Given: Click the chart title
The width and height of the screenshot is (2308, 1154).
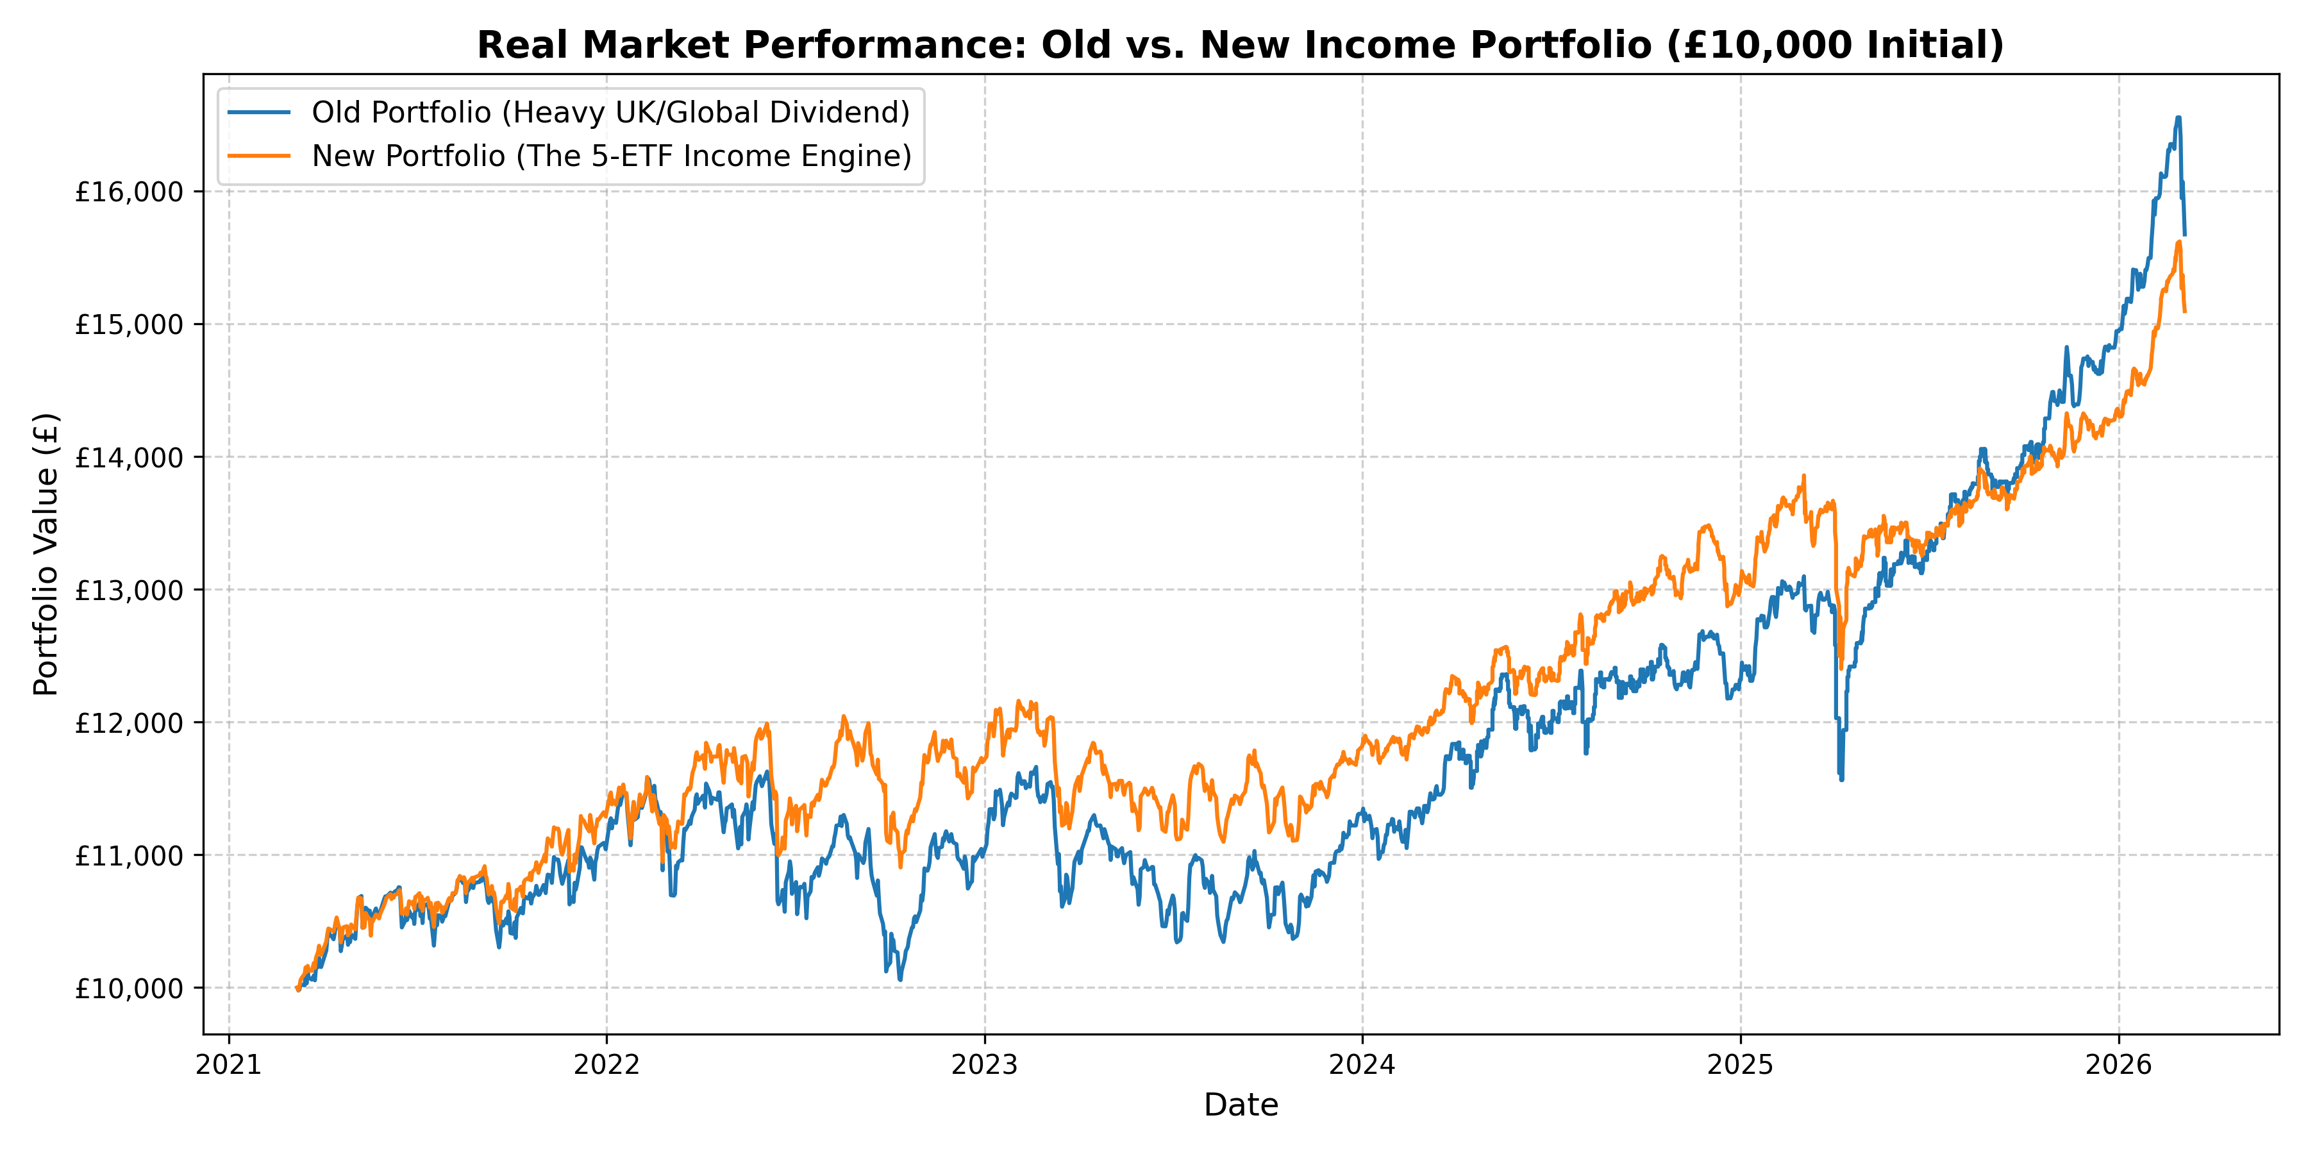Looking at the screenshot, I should tap(1240, 45).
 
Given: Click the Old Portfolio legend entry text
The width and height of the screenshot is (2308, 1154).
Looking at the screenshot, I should tap(610, 113).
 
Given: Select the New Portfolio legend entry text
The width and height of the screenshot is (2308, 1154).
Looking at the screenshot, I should tap(611, 156).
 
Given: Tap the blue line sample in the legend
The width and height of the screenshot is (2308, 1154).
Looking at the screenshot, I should tap(259, 113).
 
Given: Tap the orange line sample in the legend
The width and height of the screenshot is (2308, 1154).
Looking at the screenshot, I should tap(259, 156).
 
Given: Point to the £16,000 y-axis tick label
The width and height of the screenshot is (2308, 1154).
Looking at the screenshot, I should tap(129, 192).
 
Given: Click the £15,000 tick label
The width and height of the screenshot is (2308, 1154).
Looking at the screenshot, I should tap(129, 324).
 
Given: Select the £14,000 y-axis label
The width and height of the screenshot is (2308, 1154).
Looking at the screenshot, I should tap(129, 457).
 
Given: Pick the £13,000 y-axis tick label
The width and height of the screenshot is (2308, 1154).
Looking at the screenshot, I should tap(129, 590).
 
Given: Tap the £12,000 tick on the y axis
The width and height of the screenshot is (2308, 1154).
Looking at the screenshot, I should tap(129, 722).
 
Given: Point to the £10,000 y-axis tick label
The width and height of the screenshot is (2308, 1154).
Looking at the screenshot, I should tap(129, 988).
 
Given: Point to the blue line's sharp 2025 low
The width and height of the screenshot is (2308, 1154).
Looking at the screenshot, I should tap(1842, 780).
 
